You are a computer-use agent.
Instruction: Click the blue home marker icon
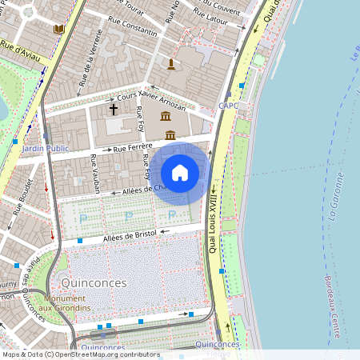pos(180,173)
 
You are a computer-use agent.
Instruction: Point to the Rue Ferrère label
pos(133,148)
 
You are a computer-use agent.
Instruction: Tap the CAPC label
pos(228,106)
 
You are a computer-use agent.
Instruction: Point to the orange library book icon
pos(58,29)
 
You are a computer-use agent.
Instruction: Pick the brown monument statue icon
pos(170,63)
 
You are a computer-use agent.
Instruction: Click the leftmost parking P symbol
pos(83,217)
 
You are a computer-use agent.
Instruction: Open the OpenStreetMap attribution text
pos(80,354)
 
